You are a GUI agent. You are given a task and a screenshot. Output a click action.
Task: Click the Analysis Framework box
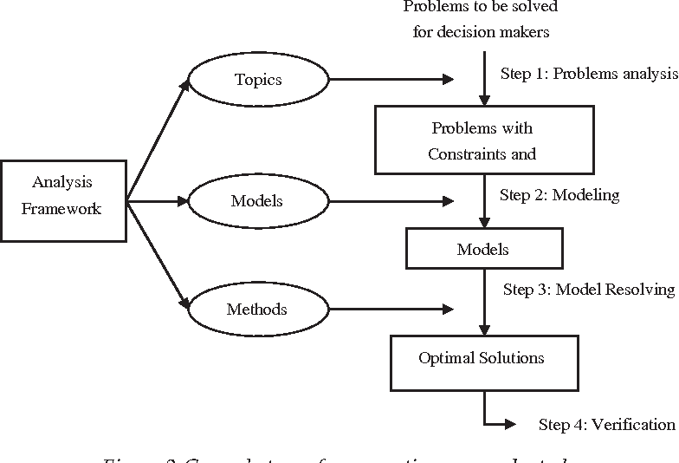(x=62, y=199)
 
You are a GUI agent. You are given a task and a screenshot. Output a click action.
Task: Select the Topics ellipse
(x=258, y=80)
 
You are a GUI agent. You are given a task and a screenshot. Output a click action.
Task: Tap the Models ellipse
(x=258, y=201)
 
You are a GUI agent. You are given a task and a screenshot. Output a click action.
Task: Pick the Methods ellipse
(x=256, y=310)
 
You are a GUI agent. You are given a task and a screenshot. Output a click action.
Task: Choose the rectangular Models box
(x=482, y=250)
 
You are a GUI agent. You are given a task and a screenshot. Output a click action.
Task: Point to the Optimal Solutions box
(x=482, y=357)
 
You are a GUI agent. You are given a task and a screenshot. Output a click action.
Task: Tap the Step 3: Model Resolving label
(x=589, y=290)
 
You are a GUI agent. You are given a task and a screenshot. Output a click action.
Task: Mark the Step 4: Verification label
(x=606, y=424)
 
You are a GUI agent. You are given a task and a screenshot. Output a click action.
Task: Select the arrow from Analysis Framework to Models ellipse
(x=158, y=201)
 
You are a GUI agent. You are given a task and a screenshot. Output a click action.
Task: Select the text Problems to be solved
(x=481, y=7)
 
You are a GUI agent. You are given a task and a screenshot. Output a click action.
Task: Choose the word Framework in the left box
(x=61, y=209)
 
